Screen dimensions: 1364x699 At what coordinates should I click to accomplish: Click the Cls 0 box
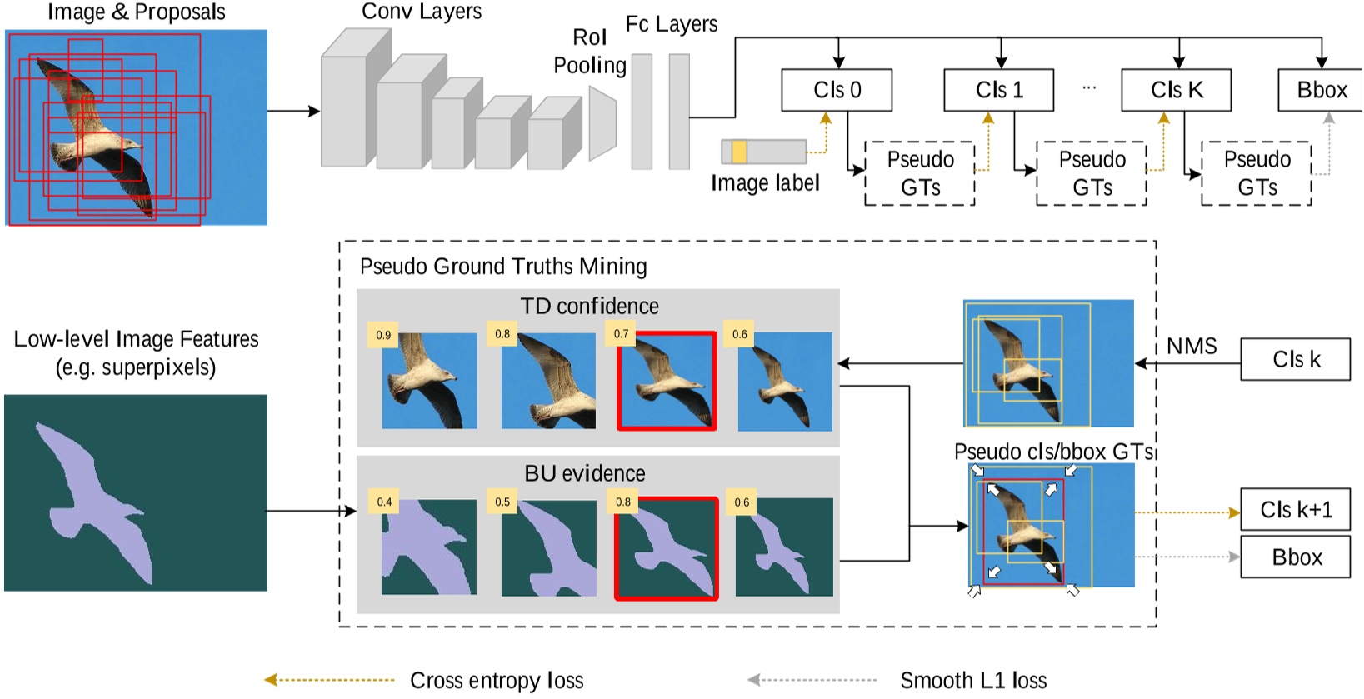tap(837, 90)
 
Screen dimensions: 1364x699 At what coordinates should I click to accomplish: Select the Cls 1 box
tap(999, 90)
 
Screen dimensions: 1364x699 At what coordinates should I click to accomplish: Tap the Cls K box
tap(1176, 90)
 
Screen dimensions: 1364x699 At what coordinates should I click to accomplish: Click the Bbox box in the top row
tap(1320, 90)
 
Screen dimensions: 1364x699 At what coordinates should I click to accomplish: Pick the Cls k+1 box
tap(1295, 509)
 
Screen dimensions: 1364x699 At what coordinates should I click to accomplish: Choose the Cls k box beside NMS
tap(1295, 359)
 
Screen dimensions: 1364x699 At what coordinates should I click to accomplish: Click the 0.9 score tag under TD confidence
tap(383, 335)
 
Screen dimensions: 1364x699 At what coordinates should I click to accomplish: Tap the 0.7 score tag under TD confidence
tap(621, 333)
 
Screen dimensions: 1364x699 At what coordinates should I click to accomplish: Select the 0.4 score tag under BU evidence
tap(383, 502)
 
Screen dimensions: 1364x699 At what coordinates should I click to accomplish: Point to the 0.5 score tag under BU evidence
tap(502, 502)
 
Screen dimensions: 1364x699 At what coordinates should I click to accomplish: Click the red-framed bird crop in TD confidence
tap(667, 382)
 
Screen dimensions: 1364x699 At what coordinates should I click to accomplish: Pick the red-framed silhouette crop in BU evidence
tap(667, 548)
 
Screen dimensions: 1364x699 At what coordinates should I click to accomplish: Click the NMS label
tap(1191, 346)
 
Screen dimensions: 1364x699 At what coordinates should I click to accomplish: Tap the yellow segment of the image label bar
tap(738, 152)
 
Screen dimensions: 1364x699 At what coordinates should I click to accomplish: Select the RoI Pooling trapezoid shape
tap(602, 123)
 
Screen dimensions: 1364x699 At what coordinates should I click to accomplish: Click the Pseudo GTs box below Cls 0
tap(920, 173)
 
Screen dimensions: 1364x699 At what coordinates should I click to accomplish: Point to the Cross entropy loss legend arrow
tap(329, 680)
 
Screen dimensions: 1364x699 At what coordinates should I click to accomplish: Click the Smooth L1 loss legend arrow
tap(812, 680)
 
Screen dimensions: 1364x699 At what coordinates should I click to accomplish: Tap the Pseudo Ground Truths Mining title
tap(503, 267)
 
